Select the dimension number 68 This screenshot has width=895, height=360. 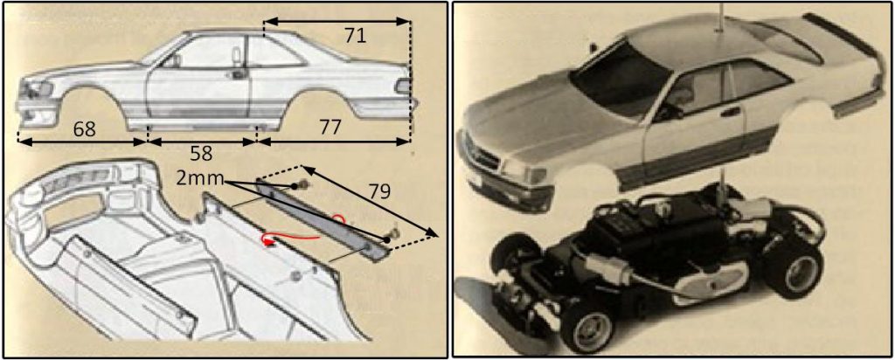(86, 128)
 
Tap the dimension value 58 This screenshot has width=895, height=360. (202, 152)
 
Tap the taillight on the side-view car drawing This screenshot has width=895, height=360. (402, 87)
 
